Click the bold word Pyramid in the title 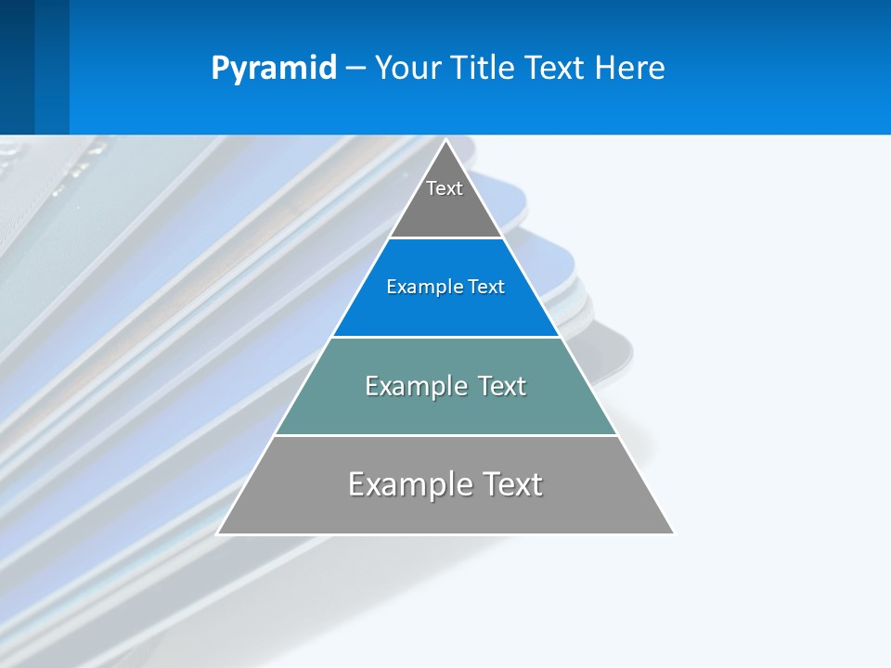coord(274,69)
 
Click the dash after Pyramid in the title coord(355,69)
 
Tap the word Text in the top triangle coord(445,188)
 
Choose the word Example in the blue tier coord(420,288)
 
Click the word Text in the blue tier coord(486,288)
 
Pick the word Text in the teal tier coord(502,386)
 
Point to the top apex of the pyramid coord(445,141)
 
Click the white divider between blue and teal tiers coord(445,337)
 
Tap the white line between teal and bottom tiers coord(445,435)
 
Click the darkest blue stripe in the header coord(17,67)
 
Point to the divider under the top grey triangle coord(445,238)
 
